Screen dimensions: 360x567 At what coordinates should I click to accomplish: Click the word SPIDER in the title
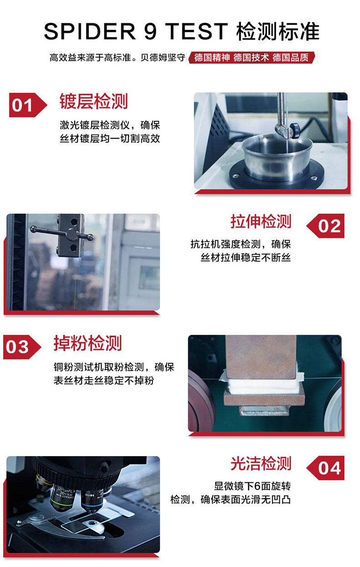(x=90, y=31)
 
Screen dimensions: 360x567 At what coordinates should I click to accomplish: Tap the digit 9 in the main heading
(x=150, y=31)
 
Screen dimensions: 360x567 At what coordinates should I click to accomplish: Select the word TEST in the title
(x=196, y=31)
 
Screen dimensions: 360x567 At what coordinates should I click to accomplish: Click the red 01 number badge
(x=28, y=105)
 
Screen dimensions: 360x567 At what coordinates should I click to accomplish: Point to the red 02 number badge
(x=325, y=226)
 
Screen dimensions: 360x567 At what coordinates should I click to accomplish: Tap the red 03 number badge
(x=22, y=347)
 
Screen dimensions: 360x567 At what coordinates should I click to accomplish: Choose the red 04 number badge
(x=325, y=468)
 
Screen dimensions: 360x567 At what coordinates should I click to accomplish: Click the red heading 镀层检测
(x=93, y=102)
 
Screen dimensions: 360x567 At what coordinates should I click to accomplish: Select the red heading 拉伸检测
(x=261, y=222)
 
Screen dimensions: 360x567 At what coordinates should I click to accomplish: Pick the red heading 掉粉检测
(x=87, y=343)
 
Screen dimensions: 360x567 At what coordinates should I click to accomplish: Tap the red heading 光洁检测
(x=261, y=464)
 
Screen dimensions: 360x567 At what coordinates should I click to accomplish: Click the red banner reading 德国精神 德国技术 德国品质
(x=252, y=57)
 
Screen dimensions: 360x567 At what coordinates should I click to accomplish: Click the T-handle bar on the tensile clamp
(x=62, y=233)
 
